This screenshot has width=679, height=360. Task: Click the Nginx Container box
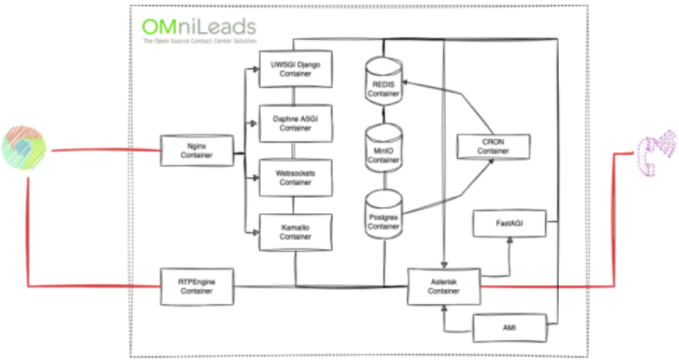(x=197, y=150)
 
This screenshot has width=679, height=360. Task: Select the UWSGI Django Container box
(x=295, y=69)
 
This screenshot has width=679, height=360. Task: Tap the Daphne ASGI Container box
(x=295, y=123)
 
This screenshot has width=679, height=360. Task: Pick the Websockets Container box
(x=295, y=178)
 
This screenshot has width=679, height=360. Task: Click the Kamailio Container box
(x=295, y=232)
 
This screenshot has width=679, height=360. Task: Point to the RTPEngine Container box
(x=197, y=287)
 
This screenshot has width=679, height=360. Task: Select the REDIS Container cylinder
(x=384, y=81)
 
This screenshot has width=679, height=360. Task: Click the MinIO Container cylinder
(x=384, y=148)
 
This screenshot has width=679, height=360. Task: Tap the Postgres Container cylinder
(x=384, y=215)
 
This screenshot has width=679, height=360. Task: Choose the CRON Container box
(x=493, y=147)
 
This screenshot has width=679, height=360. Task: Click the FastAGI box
(x=510, y=224)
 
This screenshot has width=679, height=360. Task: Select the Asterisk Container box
(x=444, y=287)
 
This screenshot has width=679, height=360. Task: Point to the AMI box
(x=510, y=328)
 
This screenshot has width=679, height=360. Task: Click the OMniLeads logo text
(x=200, y=27)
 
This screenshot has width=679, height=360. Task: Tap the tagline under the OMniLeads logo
(x=200, y=41)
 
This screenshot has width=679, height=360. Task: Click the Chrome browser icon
(x=24, y=148)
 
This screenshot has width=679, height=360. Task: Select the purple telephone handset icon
(x=657, y=153)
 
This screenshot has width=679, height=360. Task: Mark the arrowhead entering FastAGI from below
(x=510, y=240)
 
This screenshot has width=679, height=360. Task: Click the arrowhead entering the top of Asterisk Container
(x=444, y=264)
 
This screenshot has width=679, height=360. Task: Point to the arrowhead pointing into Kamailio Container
(x=256, y=233)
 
